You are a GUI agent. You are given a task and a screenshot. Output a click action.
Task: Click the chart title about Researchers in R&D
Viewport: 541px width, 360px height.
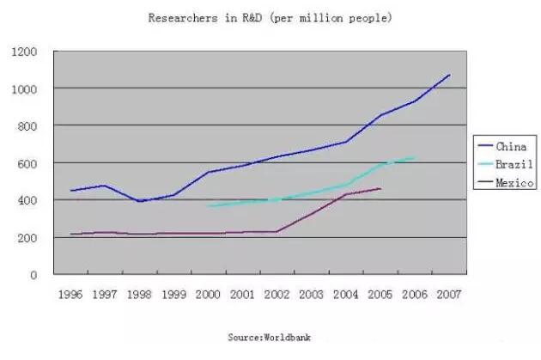[270, 17]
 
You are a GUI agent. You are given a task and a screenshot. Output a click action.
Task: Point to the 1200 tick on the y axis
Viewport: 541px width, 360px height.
[26, 52]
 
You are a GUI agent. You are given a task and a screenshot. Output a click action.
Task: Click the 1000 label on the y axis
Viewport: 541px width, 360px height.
[26, 88]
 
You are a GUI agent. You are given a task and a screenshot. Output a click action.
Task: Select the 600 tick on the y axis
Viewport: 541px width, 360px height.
[29, 163]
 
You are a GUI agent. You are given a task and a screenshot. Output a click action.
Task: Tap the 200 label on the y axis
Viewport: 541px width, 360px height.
[29, 238]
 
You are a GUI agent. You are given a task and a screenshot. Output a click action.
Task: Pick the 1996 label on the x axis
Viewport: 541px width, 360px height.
[71, 295]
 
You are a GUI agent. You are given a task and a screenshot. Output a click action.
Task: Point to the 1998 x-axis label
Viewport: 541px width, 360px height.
[139, 295]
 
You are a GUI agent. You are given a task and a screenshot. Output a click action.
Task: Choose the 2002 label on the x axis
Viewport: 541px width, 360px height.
[277, 295]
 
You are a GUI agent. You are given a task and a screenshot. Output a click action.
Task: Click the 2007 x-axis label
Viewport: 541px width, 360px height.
[447, 295]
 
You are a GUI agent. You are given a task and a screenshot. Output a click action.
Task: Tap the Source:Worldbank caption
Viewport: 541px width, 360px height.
[270, 338]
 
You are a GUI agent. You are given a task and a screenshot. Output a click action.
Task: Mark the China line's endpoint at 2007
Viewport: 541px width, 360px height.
[449, 75]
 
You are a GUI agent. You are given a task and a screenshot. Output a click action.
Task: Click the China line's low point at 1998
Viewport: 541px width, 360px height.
[139, 201]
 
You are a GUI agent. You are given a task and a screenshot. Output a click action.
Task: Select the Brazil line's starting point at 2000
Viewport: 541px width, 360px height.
[208, 206]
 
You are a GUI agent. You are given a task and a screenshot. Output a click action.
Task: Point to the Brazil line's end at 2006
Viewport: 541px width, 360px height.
[415, 157]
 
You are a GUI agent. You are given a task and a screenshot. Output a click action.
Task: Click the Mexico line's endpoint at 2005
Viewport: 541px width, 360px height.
[380, 188]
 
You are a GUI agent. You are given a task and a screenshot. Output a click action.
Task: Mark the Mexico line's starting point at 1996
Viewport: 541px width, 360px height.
[71, 234]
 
